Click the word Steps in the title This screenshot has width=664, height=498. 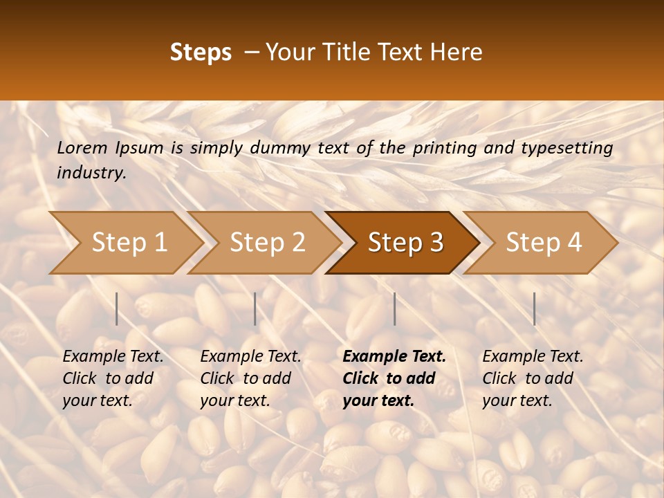pyautogui.click(x=201, y=53)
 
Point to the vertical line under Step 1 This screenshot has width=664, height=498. pyautogui.click(x=117, y=308)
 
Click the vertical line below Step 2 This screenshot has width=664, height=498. pyautogui.click(x=255, y=308)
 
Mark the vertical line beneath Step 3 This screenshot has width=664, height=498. pyautogui.click(x=395, y=308)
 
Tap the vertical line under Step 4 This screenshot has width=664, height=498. pyautogui.click(x=535, y=308)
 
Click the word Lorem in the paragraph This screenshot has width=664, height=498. pyautogui.click(x=82, y=148)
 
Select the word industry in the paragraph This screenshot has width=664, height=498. pyautogui.click(x=91, y=173)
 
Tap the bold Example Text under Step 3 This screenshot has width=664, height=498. pyautogui.click(x=394, y=357)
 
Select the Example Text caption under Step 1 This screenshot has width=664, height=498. pyautogui.click(x=113, y=357)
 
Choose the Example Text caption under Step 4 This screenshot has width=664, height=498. pyautogui.click(x=533, y=357)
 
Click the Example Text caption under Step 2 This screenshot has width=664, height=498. pyautogui.click(x=250, y=357)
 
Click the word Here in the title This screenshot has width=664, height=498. pyautogui.click(x=456, y=53)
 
